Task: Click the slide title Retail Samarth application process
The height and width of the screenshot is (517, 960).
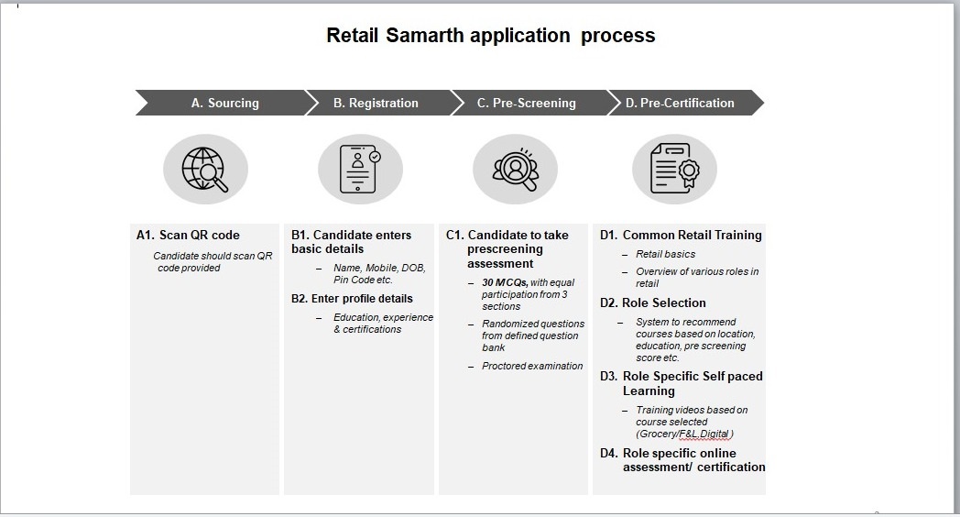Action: (491, 36)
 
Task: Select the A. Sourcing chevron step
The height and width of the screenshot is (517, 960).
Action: (224, 103)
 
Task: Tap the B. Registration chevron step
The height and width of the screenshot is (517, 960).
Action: (376, 103)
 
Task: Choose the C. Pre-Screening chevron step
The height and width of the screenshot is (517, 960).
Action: (526, 103)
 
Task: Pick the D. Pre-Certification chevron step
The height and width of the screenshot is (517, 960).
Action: (680, 103)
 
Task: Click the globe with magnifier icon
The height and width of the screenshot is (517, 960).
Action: (205, 170)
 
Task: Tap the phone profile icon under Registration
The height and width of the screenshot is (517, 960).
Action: (359, 170)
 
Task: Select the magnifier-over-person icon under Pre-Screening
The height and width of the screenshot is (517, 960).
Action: (515, 170)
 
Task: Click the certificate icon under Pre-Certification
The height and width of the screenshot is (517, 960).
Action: (674, 170)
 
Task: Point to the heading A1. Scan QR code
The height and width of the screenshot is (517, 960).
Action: (188, 236)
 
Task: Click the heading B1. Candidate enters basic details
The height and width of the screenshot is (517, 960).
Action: (352, 242)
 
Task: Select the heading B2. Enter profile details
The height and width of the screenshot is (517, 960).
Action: (352, 299)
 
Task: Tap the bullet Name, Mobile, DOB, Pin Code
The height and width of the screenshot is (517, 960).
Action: (379, 274)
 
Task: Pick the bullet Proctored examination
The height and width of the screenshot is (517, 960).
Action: (532, 367)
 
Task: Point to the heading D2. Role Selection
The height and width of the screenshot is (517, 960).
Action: (653, 303)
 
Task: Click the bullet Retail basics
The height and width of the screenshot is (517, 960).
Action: (665, 255)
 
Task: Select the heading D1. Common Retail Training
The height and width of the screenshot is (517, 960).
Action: (681, 236)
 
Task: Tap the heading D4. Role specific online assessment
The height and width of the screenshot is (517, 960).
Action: (682, 460)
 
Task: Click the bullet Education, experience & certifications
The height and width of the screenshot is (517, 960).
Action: (383, 324)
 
